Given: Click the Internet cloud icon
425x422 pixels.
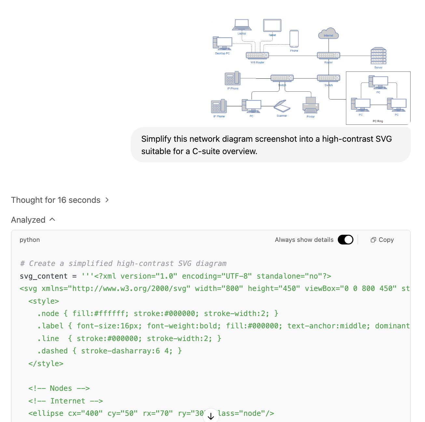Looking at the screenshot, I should click(328, 33).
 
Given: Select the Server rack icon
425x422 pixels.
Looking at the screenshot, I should click(378, 56).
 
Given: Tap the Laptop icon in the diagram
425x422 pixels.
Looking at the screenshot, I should click(241, 25).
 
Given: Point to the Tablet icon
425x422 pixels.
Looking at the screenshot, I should click(272, 26).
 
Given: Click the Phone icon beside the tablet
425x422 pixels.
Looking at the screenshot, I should click(294, 39).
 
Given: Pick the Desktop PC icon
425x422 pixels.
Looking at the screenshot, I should click(223, 44).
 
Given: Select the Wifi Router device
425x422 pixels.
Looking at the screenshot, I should click(257, 55).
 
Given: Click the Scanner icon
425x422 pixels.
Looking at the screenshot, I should click(282, 106).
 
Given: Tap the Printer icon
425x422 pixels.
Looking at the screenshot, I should click(311, 105).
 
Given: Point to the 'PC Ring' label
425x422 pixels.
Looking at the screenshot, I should click(378, 121).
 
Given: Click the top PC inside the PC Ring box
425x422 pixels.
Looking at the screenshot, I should click(378, 82).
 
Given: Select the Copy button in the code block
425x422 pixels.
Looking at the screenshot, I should click(382, 240).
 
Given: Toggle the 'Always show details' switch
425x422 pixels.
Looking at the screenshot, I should click(346, 240).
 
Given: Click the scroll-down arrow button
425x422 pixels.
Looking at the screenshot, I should click(211, 416).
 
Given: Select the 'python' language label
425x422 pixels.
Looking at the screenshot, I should click(30, 240).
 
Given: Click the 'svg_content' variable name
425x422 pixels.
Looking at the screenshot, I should click(44, 276).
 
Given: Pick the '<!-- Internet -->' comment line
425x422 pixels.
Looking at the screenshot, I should click(65, 401).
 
